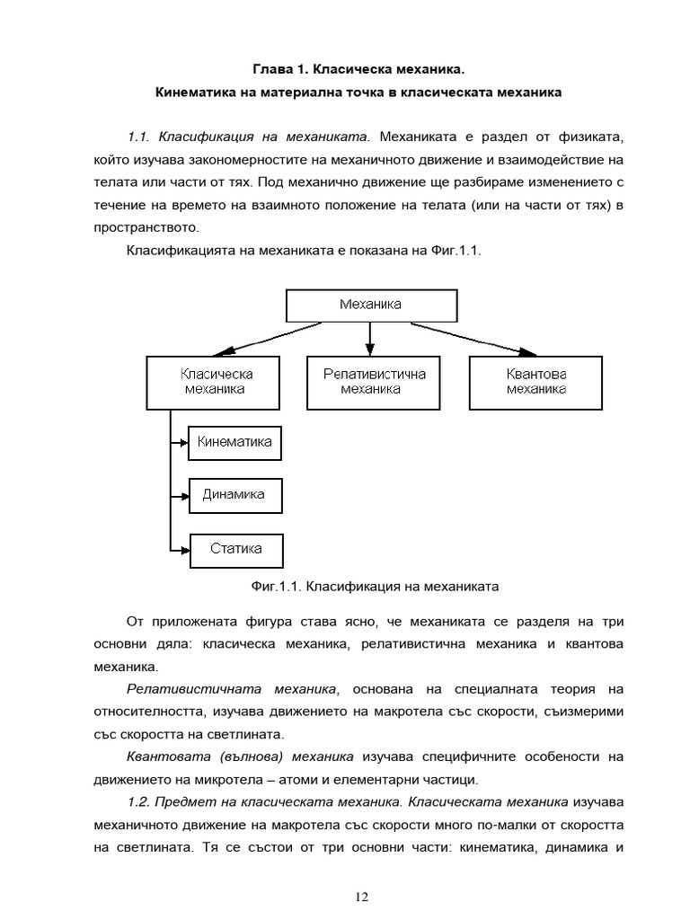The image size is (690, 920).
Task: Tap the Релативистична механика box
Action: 370,382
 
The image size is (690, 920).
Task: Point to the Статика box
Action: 236,549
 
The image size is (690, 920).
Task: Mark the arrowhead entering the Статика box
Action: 184,549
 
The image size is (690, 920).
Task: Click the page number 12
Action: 362,897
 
